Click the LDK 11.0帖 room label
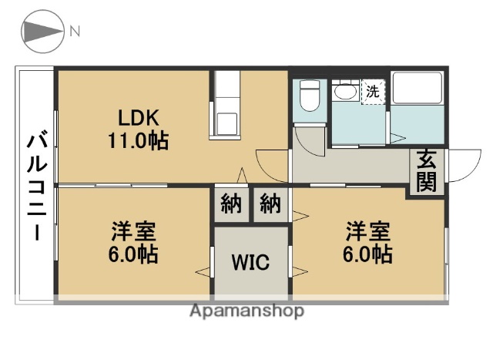click(138, 130)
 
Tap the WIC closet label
click(251, 263)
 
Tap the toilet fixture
click(310, 96)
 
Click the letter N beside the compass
click(75, 32)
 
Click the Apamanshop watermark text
click(246, 311)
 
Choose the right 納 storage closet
click(270, 204)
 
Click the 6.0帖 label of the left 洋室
click(133, 255)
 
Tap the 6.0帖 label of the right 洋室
click(367, 255)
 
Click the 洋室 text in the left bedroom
click(133, 230)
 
